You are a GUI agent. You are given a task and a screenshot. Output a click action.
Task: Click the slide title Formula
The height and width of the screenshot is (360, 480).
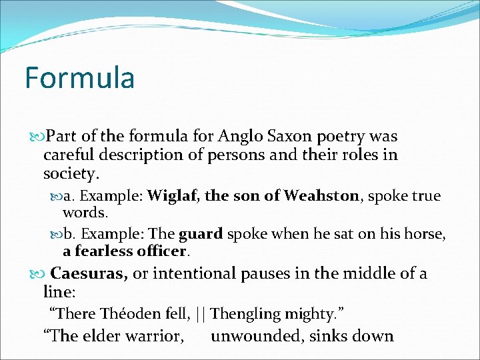(x=79, y=77)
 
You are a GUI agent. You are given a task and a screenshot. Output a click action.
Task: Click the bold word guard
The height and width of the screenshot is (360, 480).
(x=201, y=235)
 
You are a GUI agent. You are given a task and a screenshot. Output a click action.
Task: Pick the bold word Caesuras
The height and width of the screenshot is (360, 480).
(x=89, y=274)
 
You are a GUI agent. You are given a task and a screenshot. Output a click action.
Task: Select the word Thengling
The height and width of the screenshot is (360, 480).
(x=244, y=313)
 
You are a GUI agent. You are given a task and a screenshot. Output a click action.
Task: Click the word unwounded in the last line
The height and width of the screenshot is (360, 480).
(x=256, y=336)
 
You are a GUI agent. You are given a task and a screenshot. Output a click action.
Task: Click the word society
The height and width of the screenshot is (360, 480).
(x=70, y=175)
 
